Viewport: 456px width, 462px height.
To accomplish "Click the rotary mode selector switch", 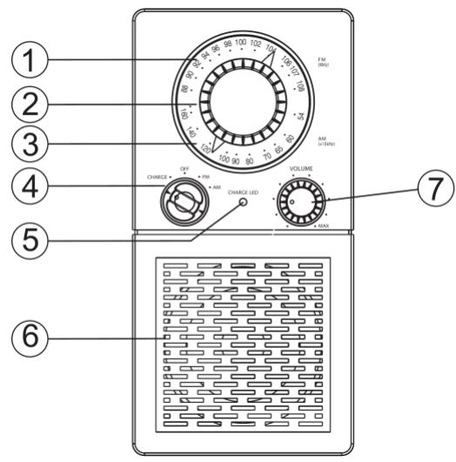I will click(184, 203).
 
